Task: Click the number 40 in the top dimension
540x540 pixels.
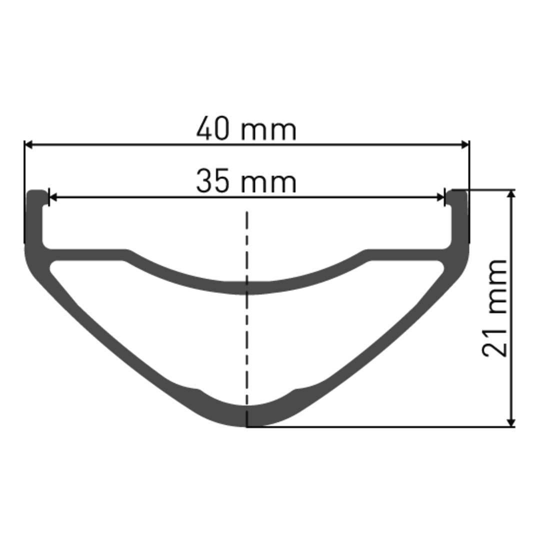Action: [x=213, y=129]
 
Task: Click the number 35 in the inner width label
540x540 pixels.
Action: [x=213, y=181]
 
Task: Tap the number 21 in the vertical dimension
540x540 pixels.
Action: [x=495, y=340]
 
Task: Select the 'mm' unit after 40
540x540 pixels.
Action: [x=268, y=131]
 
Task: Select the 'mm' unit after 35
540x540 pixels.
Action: [x=268, y=183]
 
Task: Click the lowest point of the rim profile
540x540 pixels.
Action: [x=247, y=426]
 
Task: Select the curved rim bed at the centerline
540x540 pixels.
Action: [x=247, y=287]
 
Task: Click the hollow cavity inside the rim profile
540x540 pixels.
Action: [x=247, y=345]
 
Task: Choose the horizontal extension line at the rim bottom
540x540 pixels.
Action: [x=380, y=427]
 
